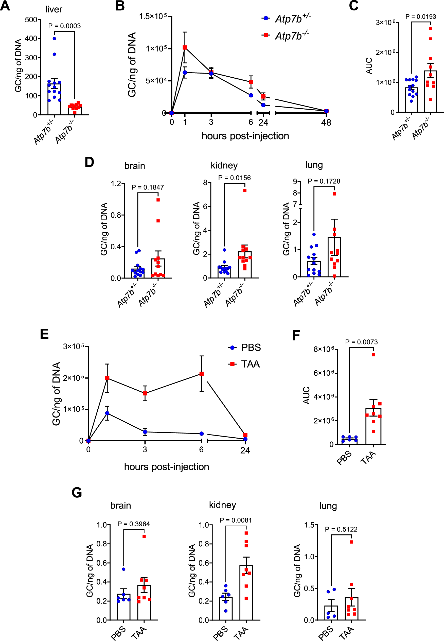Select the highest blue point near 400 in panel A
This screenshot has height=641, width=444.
coord(54,39)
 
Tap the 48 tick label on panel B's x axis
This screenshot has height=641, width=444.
coord(326,123)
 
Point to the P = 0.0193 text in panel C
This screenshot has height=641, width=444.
coord(420,17)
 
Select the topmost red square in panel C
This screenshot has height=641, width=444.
coord(430,29)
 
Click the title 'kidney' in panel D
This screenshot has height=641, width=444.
coord(224,166)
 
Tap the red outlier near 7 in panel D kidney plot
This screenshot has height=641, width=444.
coord(245,190)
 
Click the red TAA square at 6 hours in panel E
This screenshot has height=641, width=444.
coord(202,374)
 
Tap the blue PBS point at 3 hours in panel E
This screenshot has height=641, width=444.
coord(145,432)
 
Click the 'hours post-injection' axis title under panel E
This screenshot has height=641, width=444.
coord(166,466)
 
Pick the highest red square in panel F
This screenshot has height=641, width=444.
coord(373,355)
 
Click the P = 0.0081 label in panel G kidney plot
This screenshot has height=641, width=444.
coord(235,520)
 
